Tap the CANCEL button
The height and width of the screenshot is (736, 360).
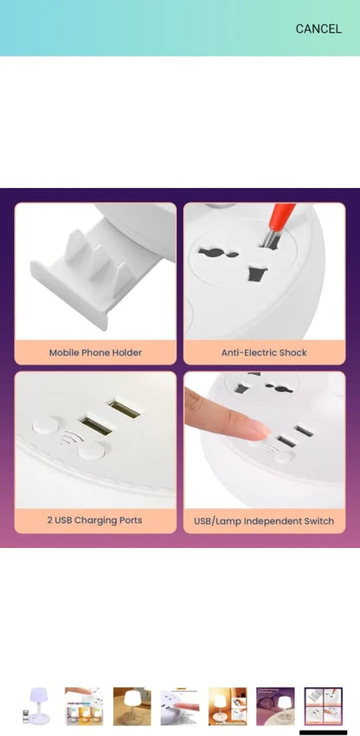click(x=318, y=29)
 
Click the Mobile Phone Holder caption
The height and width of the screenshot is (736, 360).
click(x=95, y=352)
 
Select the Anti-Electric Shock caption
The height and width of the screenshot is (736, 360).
click(x=264, y=352)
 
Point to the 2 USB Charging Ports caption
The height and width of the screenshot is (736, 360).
click(x=95, y=520)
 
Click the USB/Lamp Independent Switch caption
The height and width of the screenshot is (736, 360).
click(x=264, y=521)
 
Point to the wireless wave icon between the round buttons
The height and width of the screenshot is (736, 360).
click(x=70, y=438)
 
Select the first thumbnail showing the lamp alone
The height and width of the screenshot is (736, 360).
click(x=36, y=707)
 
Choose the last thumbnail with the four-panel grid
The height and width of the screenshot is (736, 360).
click(x=324, y=707)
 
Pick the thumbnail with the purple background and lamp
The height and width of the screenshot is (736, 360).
click(x=275, y=707)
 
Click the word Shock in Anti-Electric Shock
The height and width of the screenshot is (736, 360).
click(x=292, y=352)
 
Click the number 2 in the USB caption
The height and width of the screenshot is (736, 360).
click(x=50, y=520)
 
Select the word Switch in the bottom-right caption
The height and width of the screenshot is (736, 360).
click(x=319, y=521)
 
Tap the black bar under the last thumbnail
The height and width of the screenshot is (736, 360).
click(x=324, y=733)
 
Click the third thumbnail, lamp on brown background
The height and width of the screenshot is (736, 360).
click(x=132, y=707)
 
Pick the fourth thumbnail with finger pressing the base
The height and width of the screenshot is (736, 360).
click(x=180, y=707)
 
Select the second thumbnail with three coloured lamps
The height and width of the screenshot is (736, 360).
click(x=84, y=707)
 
